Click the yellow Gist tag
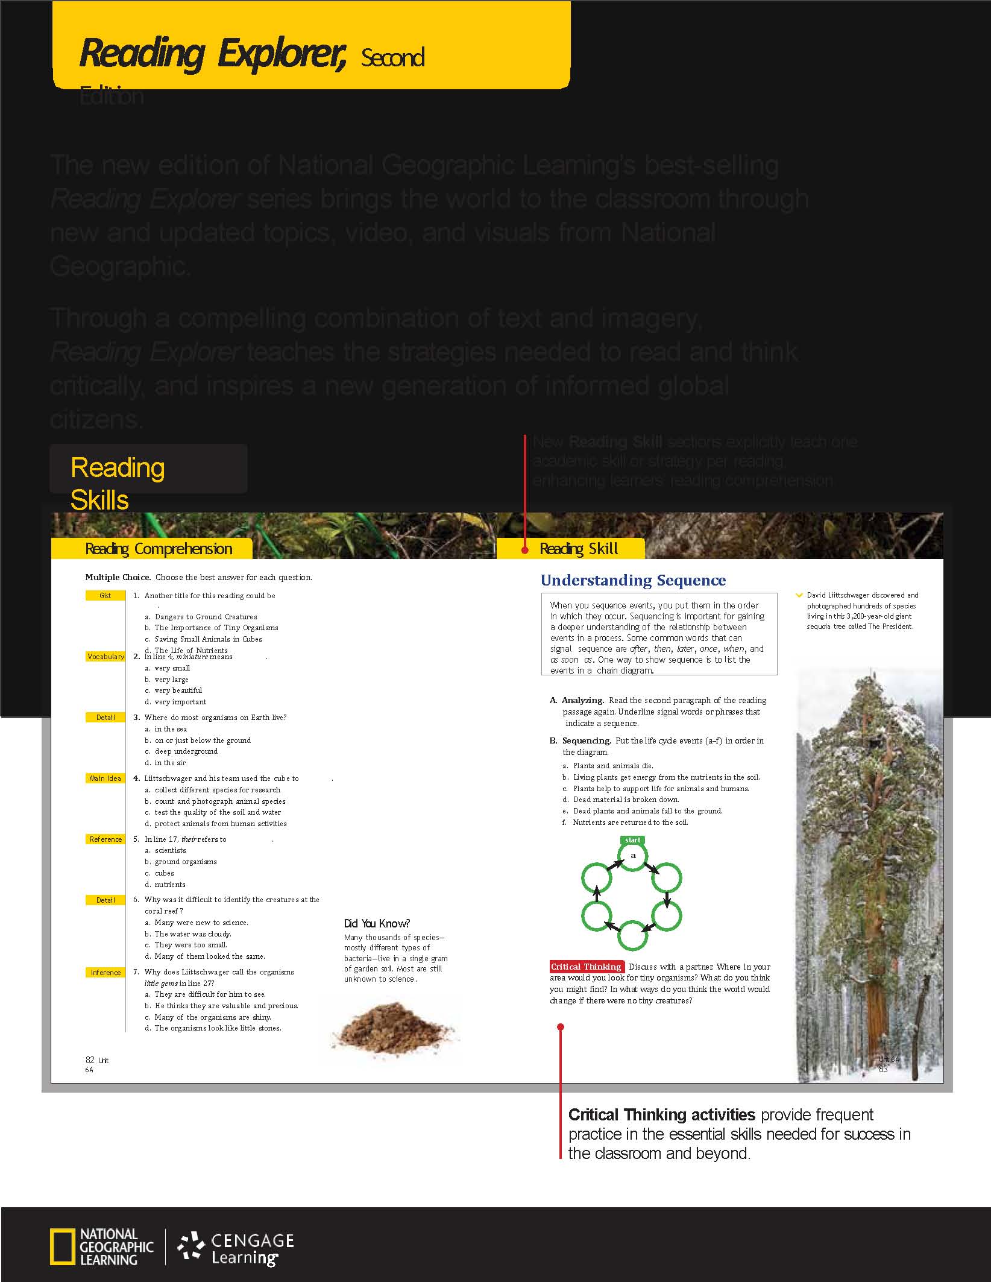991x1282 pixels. pyautogui.click(x=105, y=596)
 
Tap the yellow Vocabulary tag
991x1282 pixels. pyautogui.click(x=105, y=657)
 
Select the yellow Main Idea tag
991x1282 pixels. pyautogui.click(x=105, y=778)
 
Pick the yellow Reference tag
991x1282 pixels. pyautogui.click(x=105, y=839)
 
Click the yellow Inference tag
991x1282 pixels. pyautogui.click(x=105, y=973)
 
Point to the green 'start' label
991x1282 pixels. pyautogui.click(x=632, y=840)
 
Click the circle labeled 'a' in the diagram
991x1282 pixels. pyautogui.click(x=633, y=856)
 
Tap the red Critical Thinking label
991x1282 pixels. pyautogui.click(x=586, y=967)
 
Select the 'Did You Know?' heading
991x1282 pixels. pyautogui.click(x=377, y=923)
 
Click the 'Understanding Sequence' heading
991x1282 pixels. pyautogui.click(x=633, y=580)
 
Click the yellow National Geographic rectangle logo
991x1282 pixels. pyautogui.click(x=63, y=1246)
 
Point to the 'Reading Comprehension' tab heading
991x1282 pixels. pyautogui.click(x=159, y=549)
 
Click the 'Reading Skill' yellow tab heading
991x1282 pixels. pyautogui.click(x=579, y=549)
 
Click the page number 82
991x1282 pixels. pyautogui.click(x=90, y=1060)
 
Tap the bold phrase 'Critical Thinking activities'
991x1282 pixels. pyautogui.click(x=661, y=1114)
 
